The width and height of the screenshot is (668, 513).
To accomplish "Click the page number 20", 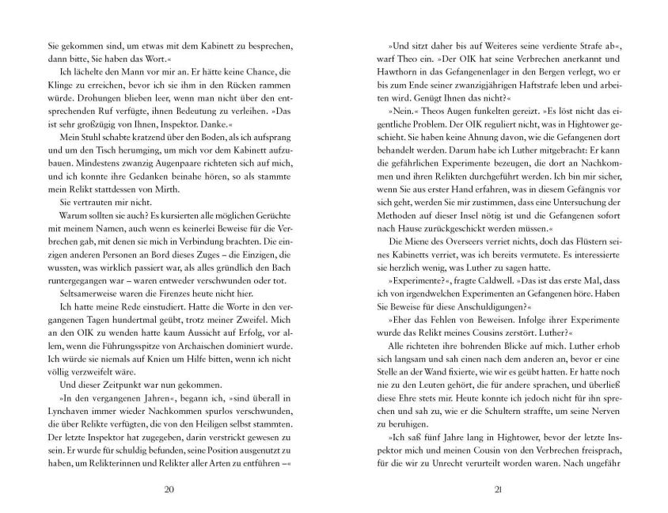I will (168, 488).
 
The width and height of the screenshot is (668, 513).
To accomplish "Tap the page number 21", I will (499, 488).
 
